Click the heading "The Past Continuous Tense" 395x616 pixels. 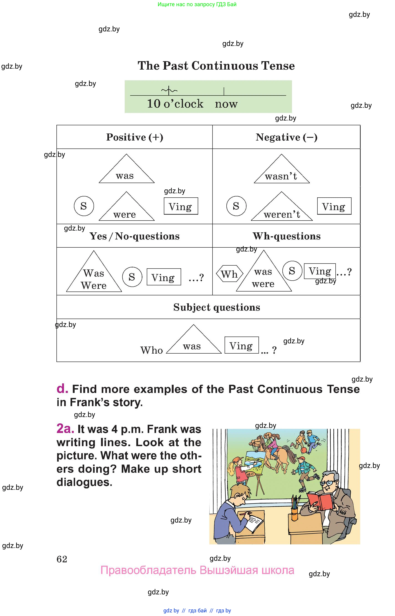click(x=216, y=66)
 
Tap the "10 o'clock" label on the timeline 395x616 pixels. click(x=175, y=103)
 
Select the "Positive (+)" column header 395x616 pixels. click(x=135, y=137)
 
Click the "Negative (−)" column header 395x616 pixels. click(x=286, y=137)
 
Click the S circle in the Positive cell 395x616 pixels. click(x=84, y=206)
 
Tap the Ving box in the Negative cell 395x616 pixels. click(x=334, y=206)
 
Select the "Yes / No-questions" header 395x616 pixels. click(x=134, y=236)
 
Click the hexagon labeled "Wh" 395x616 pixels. click(x=229, y=274)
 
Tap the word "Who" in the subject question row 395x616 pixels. click(x=152, y=350)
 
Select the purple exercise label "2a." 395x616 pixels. click(x=65, y=428)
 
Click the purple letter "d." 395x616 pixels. click(x=62, y=389)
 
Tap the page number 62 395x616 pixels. click(x=62, y=559)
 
